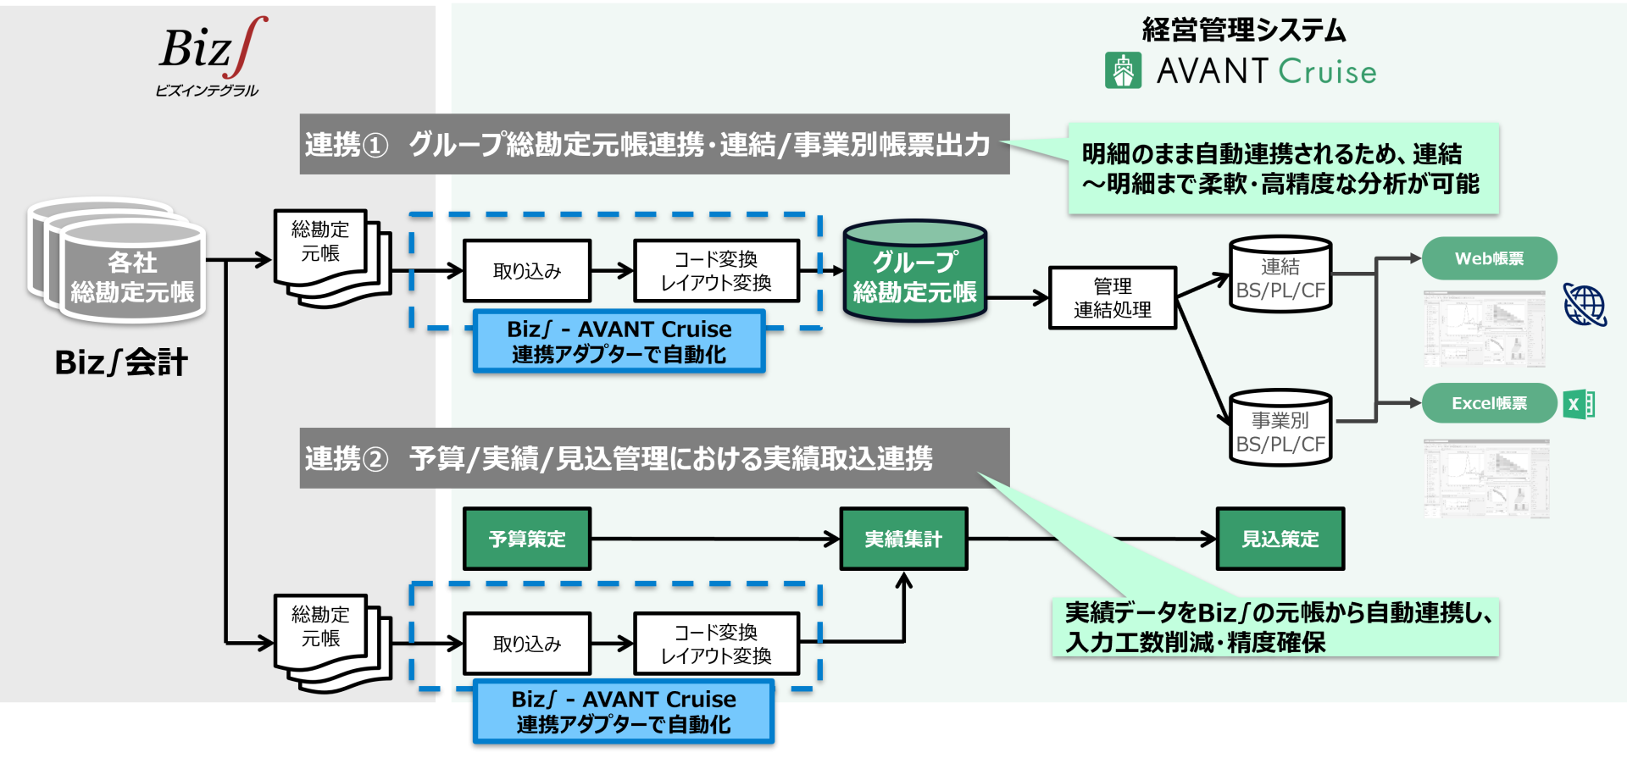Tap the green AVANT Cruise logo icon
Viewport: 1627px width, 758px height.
point(1123,70)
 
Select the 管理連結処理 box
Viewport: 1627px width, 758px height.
point(1112,298)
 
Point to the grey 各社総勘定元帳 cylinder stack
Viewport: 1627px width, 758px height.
point(119,263)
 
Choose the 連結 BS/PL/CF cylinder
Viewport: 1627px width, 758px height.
point(1280,276)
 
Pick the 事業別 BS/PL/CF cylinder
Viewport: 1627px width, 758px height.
point(1280,429)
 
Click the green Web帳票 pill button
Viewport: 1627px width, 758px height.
point(1489,258)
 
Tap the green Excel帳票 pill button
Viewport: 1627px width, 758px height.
point(1489,403)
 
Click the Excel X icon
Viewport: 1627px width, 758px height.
point(1579,404)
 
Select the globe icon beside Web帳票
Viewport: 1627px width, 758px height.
point(1585,305)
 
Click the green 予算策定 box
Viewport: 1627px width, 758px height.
point(527,539)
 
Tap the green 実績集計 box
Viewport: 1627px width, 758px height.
point(903,539)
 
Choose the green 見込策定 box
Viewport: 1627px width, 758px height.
point(1280,539)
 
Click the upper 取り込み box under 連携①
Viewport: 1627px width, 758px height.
point(527,271)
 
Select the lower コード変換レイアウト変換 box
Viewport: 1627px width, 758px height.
point(716,644)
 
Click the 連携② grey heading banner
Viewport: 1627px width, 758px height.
point(654,458)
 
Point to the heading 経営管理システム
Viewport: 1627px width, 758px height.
point(1243,30)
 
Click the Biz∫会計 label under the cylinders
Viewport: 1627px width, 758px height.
point(121,362)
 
